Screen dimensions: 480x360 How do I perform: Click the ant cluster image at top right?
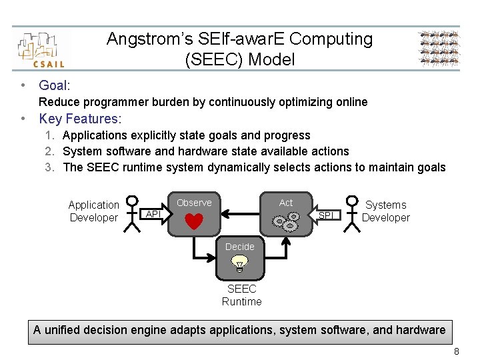[439, 49]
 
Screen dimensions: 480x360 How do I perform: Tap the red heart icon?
[193, 221]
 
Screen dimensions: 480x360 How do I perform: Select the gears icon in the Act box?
[286, 221]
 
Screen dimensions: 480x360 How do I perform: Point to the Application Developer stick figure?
[133, 213]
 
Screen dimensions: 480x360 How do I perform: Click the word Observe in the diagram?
[194, 203]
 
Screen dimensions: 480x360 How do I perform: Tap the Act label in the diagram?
[286, 203]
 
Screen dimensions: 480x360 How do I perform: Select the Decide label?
[240, 247]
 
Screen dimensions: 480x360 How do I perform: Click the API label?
[153, 214]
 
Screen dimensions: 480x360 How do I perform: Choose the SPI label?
[326, 215]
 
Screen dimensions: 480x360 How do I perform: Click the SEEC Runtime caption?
[241, 295]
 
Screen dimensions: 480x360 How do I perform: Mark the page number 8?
[456, 351]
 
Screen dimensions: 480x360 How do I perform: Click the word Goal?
[54, 85]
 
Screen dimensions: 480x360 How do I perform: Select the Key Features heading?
[80, 119]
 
